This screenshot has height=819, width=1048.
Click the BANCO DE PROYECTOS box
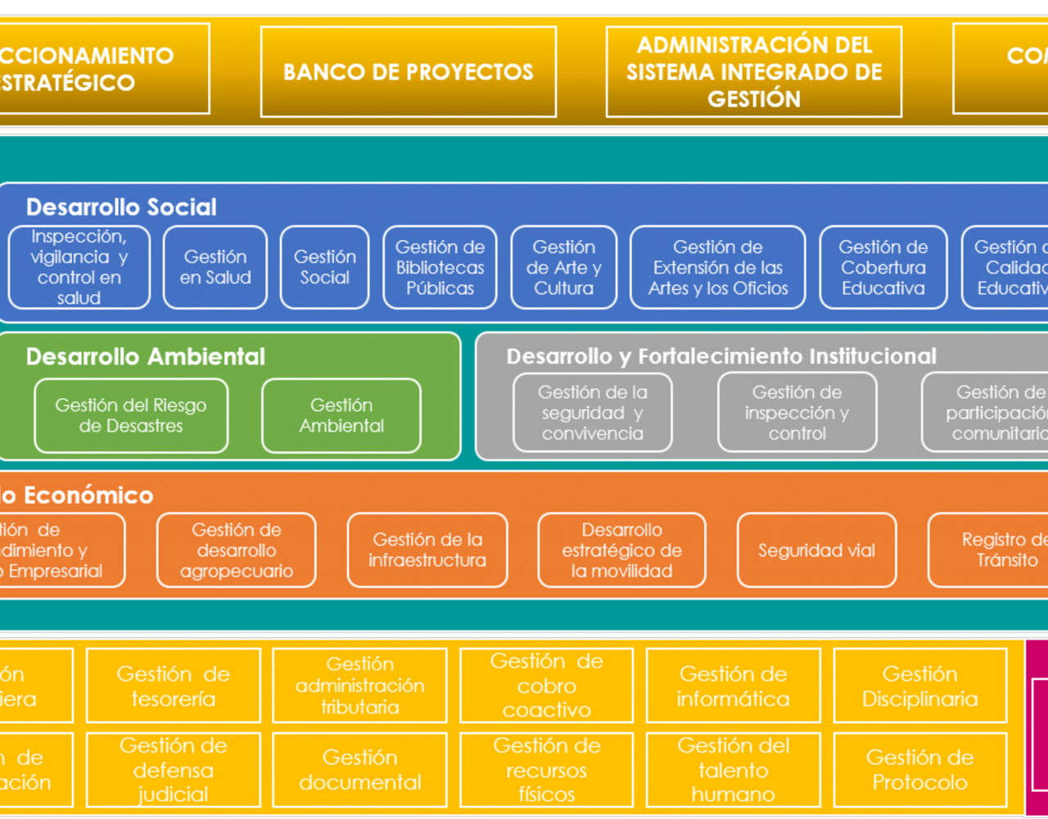[x=408, y=72]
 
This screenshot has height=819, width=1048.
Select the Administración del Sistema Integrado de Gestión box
[x=753, y=72]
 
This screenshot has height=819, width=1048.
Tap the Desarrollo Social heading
[x=121, y=207]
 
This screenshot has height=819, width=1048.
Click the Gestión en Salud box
[x=215, y=268]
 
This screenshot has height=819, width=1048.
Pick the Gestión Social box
[x=324, y=268]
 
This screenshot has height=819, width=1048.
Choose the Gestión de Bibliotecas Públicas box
[x=440, y=268]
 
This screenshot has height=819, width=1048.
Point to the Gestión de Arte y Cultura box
[x=563, y=268]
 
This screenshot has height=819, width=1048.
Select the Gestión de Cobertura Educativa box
[x=883, y=268]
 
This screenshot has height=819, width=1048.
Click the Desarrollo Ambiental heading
[x=146, y=357]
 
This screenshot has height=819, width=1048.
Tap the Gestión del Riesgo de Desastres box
[x=131, y=415]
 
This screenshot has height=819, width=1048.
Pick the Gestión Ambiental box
[x=341, y=415]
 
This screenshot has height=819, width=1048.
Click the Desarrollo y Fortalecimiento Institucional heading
[x=721, y=357]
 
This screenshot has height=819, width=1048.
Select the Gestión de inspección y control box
[x=797, y=413]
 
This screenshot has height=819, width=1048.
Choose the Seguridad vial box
[x=816, y=550]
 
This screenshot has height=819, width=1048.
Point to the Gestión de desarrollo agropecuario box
[x=236, y=550]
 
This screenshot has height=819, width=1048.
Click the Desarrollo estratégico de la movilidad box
[x=621, y=550]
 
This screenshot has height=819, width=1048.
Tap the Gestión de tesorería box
[x=173, y=686]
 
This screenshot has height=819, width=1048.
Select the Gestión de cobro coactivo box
[x=546, y=686]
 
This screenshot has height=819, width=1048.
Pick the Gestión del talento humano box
[x=733, y=770]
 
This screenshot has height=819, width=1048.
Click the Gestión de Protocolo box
[x=919, y=770]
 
